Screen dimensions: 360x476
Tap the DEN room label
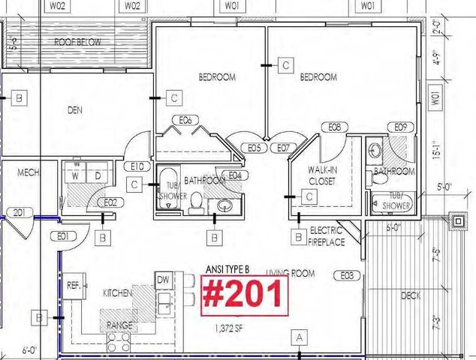[x=74, y=109]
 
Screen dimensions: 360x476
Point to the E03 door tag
[x=346, y=276]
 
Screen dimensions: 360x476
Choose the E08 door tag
[x=335, y=127]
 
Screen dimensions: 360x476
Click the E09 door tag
[x=399, y=127]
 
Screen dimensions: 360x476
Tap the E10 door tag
[x=137, y=166]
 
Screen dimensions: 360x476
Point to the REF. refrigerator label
[x=74, y=286]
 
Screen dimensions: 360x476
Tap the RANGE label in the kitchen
[x=120, y=325]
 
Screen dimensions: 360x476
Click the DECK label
[x=411, y=296]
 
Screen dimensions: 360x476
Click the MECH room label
[x=28, y=172]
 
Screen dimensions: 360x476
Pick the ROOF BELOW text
[x=77, y=43]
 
